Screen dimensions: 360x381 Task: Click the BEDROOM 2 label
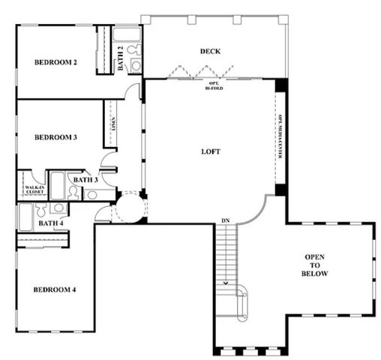(56, 62)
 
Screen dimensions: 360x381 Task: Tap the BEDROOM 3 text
(56, 137)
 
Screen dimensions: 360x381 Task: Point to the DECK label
(209, 51)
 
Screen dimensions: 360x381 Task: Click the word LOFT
(211, 151)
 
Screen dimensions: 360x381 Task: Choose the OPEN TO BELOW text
(315, 265)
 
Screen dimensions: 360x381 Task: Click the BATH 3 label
(85, 180)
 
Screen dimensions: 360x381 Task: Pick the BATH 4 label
(51, 223)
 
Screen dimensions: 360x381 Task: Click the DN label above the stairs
(225, 220)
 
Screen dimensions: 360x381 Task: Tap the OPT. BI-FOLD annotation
(214, 85)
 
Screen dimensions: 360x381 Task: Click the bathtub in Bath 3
(57, 184)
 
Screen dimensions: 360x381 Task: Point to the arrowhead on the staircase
(225, 284)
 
